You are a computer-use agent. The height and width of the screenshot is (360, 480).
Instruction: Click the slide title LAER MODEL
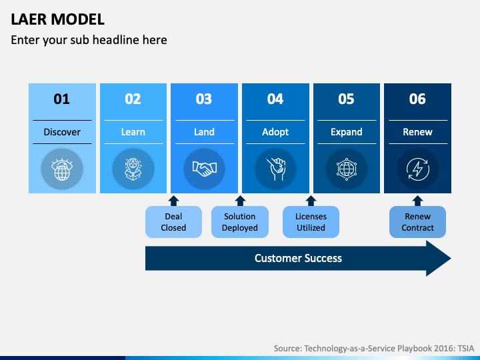click(57, 19)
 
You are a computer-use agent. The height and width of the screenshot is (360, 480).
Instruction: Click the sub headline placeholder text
click(89, 40)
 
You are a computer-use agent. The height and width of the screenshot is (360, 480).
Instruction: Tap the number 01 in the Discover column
click(62, 99)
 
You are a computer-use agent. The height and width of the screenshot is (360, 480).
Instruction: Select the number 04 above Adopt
click(275, 99)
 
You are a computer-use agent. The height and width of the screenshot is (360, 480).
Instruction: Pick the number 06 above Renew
click(417, 99)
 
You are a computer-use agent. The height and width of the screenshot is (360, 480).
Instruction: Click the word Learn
click(133, 132)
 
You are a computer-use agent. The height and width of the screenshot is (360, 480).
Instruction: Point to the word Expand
click(347, 132)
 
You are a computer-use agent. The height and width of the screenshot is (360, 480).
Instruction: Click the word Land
click(204, 132)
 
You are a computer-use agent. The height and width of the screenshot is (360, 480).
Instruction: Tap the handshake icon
click(205, 169)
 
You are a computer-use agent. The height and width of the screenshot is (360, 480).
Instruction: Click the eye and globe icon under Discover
click(62, 169)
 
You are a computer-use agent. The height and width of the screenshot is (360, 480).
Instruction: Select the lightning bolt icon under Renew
click(418, 169)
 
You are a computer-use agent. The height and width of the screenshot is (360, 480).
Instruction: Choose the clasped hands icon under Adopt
click(275, 169)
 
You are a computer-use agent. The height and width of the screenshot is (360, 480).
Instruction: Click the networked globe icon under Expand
click(347, 169)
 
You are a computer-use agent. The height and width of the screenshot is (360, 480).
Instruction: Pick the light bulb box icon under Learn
click(133, 169)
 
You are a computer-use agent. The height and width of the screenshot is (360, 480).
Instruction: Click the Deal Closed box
click(173, 222)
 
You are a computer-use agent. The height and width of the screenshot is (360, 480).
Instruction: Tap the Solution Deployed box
click(240, 222)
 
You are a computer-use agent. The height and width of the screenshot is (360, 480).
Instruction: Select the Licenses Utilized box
click(311, 222)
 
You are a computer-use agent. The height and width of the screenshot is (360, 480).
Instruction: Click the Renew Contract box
click(417, 222)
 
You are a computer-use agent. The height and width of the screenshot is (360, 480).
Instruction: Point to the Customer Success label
click(298, 259)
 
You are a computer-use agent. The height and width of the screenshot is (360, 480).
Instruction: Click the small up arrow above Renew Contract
click(417, 201)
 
